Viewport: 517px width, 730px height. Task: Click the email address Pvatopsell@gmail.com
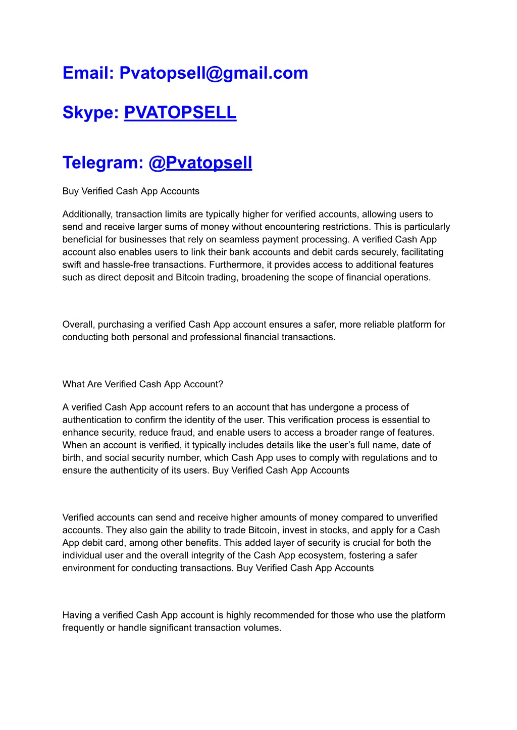click(x=214, y=73)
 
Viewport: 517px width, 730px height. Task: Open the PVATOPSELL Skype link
click(x=180, y=113)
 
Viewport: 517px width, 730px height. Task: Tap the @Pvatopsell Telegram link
click(x=200, y=163)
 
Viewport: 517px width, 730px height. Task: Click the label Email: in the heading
click(x=88, y=73)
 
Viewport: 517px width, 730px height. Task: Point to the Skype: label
click(x=90, y=113)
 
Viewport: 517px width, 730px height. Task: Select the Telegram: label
click(x=103, y=163)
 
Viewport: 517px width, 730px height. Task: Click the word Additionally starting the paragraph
click(x=87, y=214)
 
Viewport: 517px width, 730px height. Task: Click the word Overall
click(x=79, y=324)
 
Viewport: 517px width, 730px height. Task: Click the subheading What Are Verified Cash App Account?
click(x=143, y=384)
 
